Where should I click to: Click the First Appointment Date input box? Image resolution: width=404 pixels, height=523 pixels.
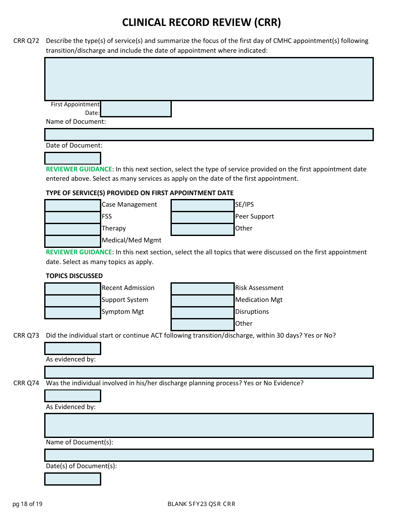click(x=136, y=109)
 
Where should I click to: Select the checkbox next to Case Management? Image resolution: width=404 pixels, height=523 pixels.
click(x=73, y=205)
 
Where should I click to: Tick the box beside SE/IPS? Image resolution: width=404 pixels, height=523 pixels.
click(x=202, y=205)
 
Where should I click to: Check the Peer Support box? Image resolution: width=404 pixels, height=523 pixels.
click(x=202, y=217)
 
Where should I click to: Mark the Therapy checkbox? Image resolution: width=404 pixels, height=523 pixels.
click(x=73, y=229)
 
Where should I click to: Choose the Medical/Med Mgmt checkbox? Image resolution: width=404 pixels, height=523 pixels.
click(x=73, y=241)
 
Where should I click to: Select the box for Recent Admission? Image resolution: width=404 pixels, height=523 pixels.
click(x=73, y=289)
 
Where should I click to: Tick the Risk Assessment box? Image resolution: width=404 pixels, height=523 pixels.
click(x=202, y=289)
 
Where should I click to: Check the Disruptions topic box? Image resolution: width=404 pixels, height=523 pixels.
click(x=202, y=313)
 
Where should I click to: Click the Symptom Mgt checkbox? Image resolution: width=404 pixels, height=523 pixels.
click(x=73, y=313)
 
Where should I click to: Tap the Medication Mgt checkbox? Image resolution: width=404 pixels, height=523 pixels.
click(x=202, y=301)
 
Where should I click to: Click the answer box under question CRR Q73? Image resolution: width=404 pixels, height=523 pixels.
click(x=73, y=349)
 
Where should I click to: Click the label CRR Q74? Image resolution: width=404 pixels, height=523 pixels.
click(x=26, y=383)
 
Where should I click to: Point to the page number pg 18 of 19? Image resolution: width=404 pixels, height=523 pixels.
click(x=27, y=504)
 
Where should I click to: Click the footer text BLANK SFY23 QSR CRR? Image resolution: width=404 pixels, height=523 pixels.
click(x=201, y=504)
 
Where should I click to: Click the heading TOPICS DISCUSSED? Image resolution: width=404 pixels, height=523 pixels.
click(x=74, y=276)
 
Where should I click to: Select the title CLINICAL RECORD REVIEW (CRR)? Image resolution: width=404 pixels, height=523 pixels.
click(x=202, y=23)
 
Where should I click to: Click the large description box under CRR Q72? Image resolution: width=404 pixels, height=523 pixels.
click(x=209, y=79)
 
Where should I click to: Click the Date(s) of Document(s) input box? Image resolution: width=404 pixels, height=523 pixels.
click(x=73, y=479)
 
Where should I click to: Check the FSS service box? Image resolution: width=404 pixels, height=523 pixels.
click(x=73, y=217)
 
